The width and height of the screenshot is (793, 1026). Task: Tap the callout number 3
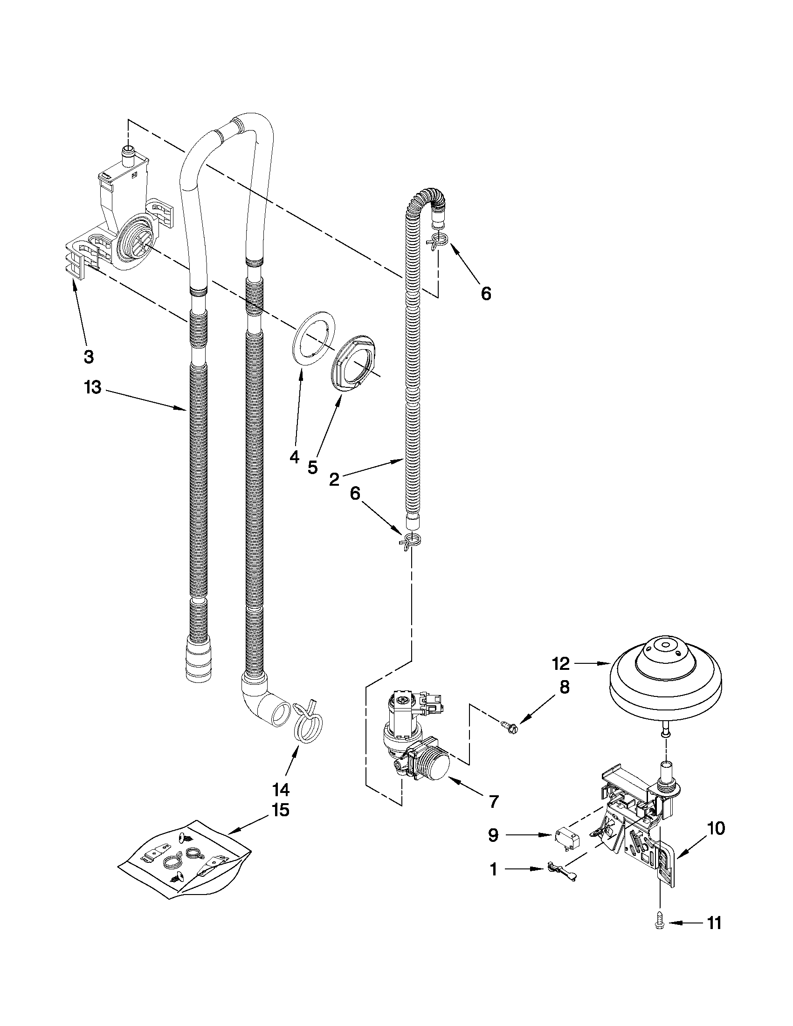pyautogui.click(x=88, y=357)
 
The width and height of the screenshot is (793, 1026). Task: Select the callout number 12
pyautogui.click(x=561, y=663)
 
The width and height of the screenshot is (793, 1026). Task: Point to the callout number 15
pyautogui.click(x=281, y=810)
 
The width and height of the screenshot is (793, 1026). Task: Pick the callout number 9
pyautogui.click(x=493, y=835)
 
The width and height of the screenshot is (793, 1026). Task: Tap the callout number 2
pyautogui.click(x=334, y=479)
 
